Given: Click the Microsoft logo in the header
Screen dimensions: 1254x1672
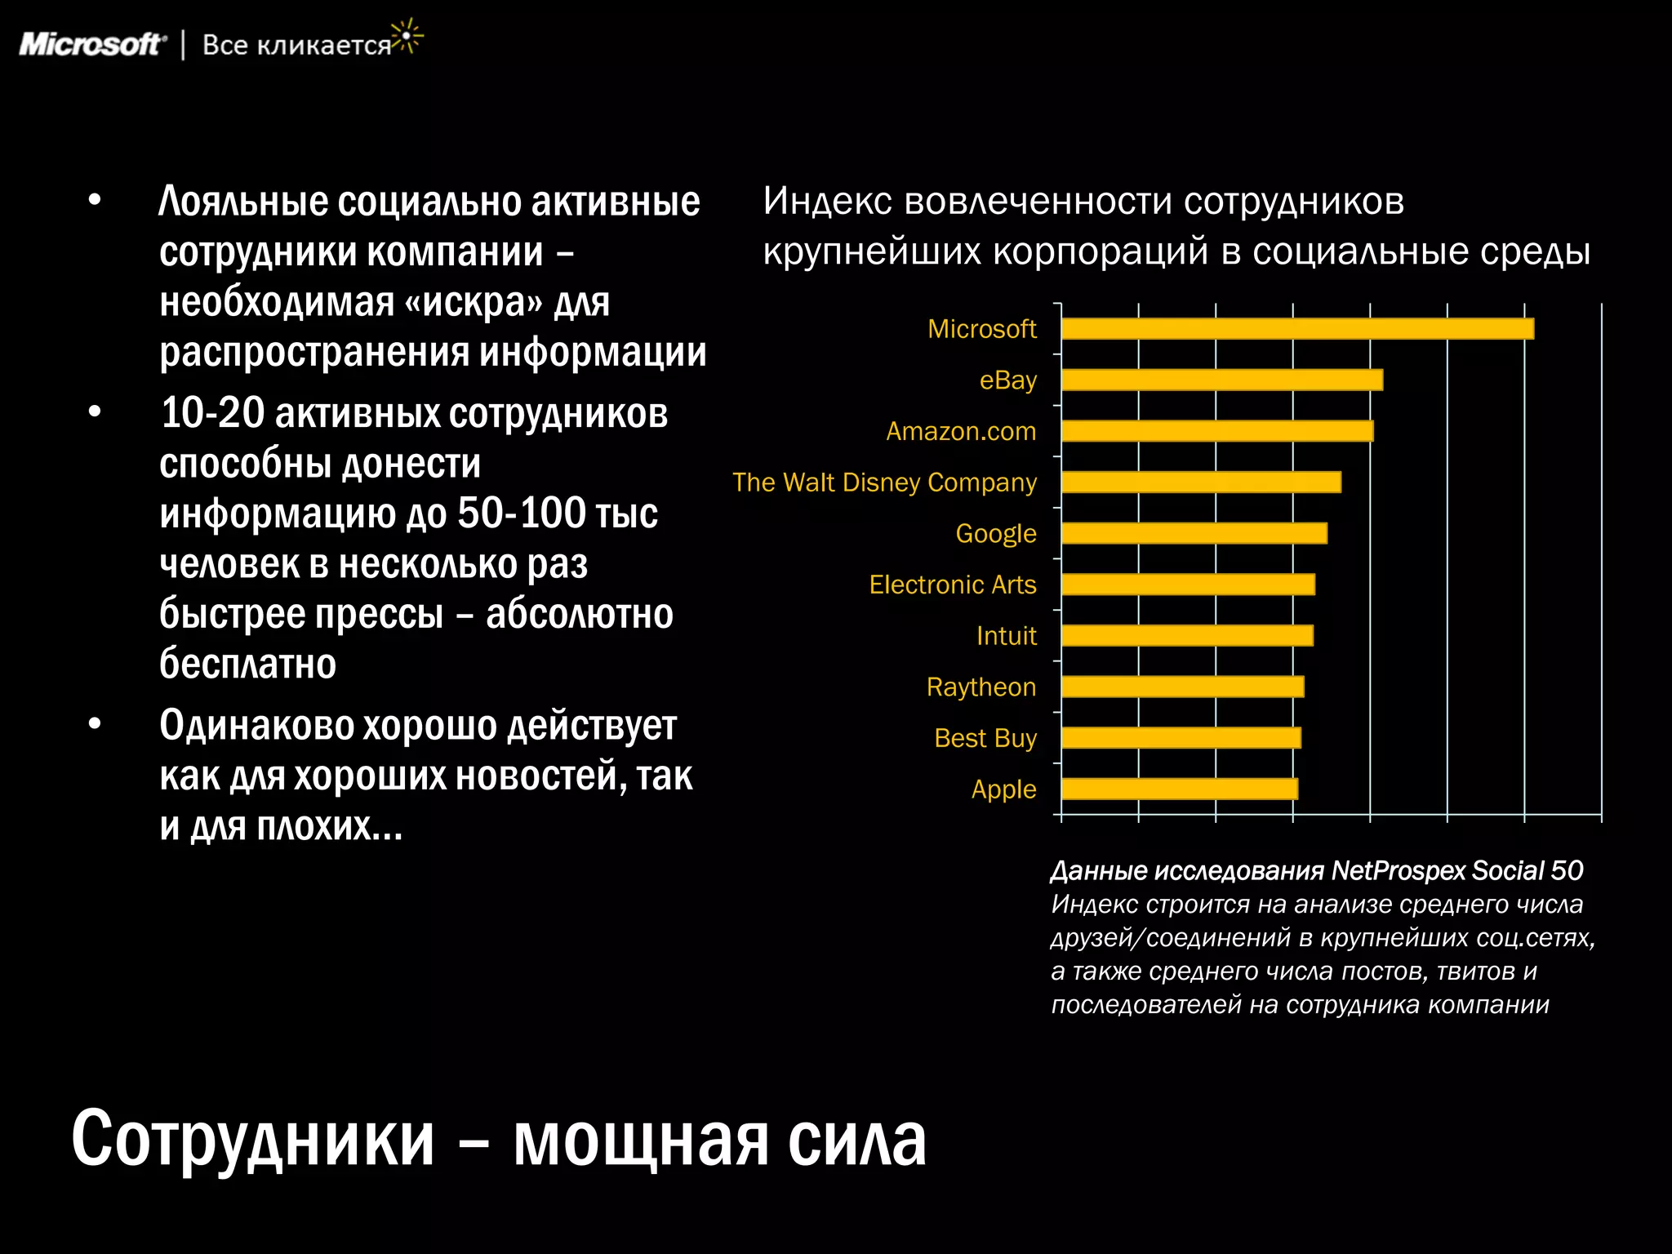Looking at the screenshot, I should [92, 44].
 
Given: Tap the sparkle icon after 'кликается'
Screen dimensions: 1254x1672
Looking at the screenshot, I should [406, 37].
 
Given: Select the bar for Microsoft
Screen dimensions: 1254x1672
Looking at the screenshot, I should [1297, 329].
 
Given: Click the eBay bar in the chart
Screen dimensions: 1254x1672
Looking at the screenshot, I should [1221, 380].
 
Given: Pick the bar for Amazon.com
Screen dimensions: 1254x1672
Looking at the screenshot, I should [1216, 431].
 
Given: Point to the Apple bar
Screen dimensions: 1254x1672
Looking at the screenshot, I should [1179, 789].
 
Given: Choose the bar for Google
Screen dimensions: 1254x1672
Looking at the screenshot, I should [1194, 533].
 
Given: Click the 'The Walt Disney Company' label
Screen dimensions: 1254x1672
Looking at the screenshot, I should [884, 482].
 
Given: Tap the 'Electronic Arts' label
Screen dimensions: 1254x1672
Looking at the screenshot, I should [952, 585].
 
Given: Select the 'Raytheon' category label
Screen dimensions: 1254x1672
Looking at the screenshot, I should [981, 687].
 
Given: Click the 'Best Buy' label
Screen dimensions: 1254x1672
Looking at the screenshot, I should [985, 738].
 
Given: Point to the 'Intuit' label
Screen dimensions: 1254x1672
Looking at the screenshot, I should [1006, 635].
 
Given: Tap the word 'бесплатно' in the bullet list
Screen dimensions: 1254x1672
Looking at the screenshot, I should [247, 663].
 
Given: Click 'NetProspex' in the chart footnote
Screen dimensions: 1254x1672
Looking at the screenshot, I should [1398, 870].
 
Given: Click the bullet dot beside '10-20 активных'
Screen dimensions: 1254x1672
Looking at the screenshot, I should [95, 411].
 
